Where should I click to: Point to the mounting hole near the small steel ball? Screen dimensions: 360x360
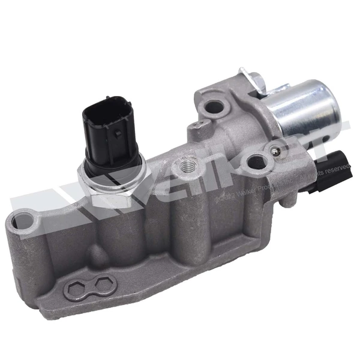click(257, 161)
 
